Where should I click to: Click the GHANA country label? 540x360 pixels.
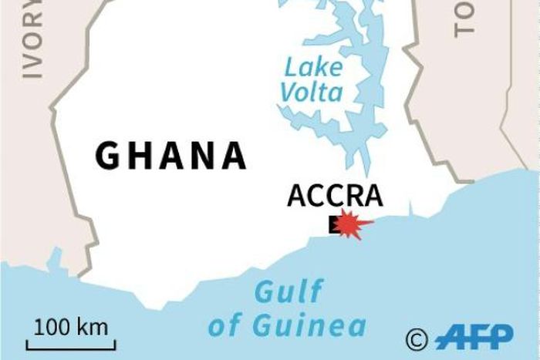click(x=170, y=156)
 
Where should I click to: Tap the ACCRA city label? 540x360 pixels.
click(x=335, y=196)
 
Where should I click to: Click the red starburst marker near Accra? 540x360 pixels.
click(x=353, y=224)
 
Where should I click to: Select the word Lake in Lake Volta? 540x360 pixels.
click(x=312, y=67)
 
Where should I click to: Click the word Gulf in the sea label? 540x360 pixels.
click(x=289, y=293)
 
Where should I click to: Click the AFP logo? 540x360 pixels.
click(x=474, y=337)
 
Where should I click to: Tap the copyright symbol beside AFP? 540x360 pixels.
click(x=417, y=338)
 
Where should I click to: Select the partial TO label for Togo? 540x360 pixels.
click(x=466, y=19)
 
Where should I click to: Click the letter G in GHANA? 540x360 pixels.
click(x=108, y=156)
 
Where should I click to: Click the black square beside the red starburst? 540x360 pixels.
click(x=333, y=224)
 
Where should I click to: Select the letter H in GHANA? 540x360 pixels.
click(x=139, y=156)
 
